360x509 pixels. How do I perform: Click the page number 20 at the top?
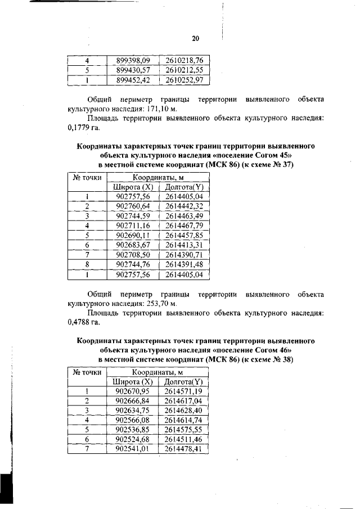(195, 39)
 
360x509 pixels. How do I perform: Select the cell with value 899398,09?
(133, 60)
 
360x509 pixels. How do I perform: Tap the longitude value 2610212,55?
(184, 70)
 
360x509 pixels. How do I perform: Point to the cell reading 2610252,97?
(184, 80)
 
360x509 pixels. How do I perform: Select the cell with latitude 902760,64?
(133, 206)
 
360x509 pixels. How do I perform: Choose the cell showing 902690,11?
(133, 236)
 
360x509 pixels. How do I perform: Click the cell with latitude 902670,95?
(133, 390)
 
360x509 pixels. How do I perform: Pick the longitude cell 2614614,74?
(183, 420)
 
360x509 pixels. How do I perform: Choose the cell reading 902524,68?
(133, 439)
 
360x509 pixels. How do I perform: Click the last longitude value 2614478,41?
(183, 449)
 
